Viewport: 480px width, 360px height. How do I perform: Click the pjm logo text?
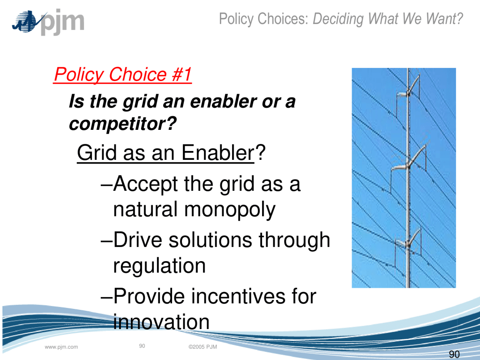coord(62,22)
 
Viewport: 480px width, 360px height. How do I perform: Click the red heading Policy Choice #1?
coord(122,75)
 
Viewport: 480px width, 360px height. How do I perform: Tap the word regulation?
coord(159,266)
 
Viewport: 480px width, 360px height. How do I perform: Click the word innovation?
coord(161,322)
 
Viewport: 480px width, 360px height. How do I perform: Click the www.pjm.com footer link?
coord(61,347)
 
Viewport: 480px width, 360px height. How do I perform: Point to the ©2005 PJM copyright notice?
coord(202,347)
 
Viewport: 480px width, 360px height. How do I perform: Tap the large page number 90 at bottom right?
coord(454,354)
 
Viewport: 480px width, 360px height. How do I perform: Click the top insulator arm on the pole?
coord(408,90)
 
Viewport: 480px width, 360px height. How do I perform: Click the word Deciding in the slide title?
coord(338,19)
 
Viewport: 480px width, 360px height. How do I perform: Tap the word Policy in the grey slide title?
coord(236,19)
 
